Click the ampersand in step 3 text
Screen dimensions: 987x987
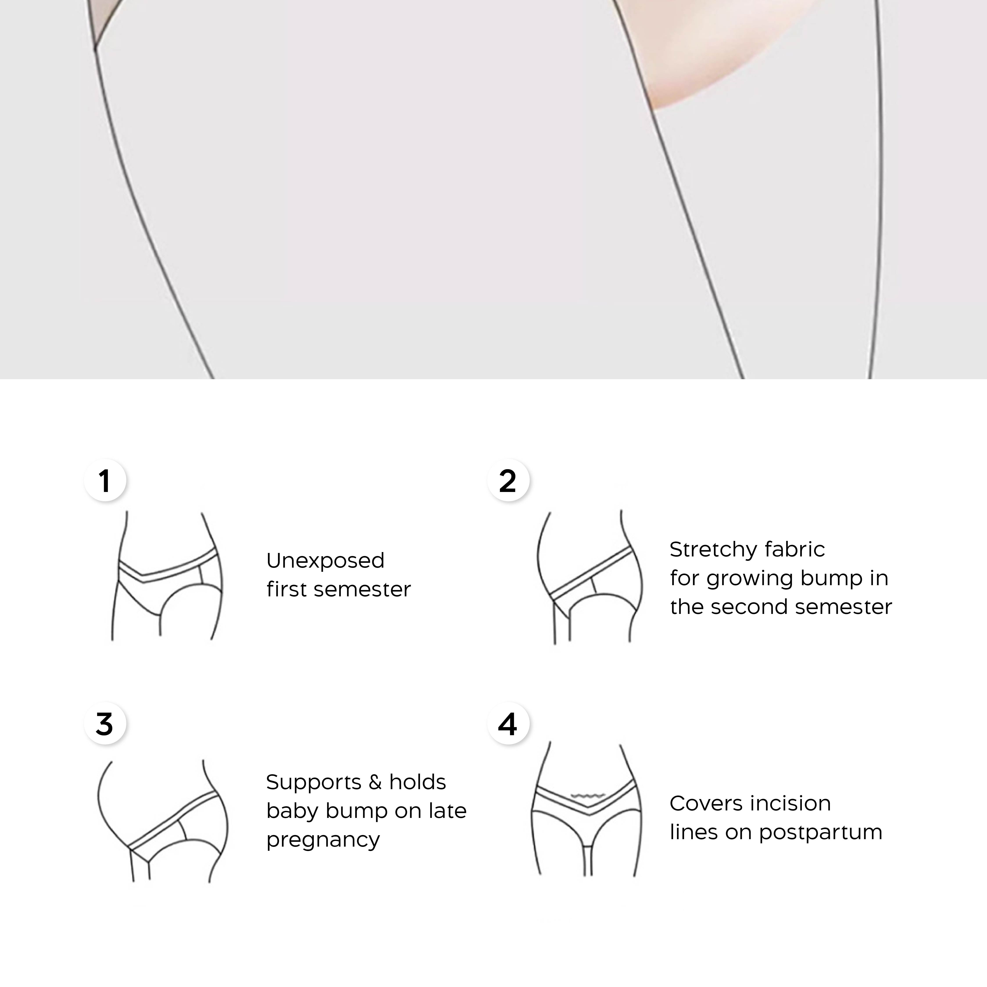pos(375,782)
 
